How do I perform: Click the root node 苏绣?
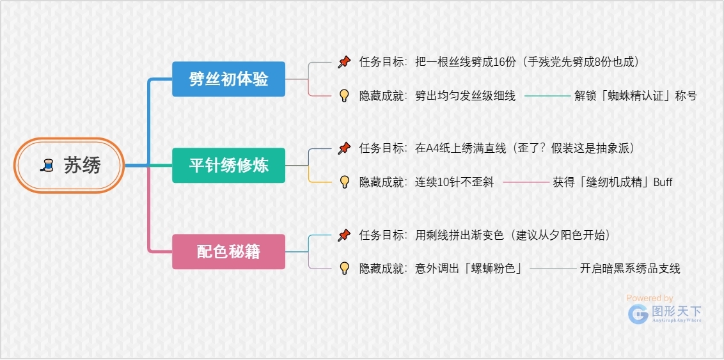(69, 165)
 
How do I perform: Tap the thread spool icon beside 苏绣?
(47, 165)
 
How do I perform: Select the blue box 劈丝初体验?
(228, 79)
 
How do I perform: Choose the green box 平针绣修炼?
(228, 165)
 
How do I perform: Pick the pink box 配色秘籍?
(228, 251)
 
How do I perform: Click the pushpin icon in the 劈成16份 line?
(344, 62)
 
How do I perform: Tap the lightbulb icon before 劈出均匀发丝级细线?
(344, 96)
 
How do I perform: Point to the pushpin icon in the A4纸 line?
(344, 148)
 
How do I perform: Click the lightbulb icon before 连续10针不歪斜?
(344, 182)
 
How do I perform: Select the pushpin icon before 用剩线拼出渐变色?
(344, 235)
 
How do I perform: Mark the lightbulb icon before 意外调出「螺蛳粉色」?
(344, 269)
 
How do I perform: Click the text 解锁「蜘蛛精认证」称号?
(635, 96)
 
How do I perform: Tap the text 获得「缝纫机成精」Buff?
(612, 182)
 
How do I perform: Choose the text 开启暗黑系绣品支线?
(630, 269)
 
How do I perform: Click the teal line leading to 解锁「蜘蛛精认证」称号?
(547, 96)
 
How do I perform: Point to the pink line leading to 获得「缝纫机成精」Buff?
(526, 182)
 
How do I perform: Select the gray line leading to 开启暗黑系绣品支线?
(553, 269)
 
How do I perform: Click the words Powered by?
(650, 298)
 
